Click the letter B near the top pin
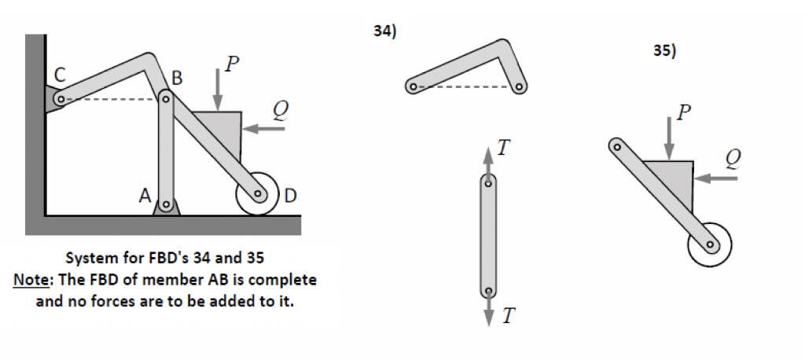click(177, 79)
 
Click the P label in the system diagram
click(230, 65)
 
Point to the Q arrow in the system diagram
click(263, 128)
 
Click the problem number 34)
click(385, 31)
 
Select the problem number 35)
click(664, 52)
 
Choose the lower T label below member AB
click(509, 316)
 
